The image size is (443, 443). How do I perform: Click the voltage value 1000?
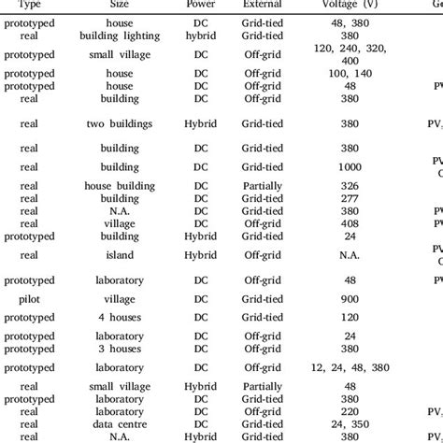[x=350, y=166]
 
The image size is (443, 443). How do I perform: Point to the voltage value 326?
[x=350, y=186]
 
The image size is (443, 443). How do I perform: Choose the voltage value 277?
[x=350, y=198]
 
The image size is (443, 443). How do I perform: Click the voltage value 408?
[x=350, y=223]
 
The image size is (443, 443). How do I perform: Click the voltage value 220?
[x=350, y=409]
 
